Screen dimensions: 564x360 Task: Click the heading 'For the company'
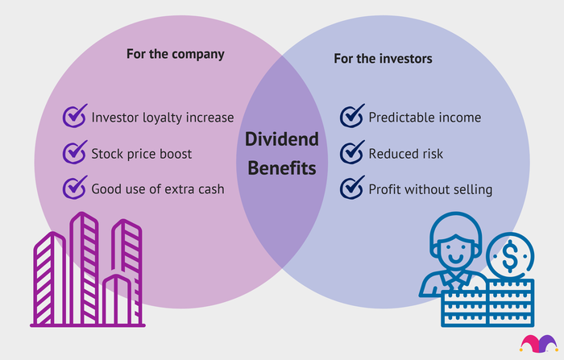176,54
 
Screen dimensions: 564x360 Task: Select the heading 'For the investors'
383,59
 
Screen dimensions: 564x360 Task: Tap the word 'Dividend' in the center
282,139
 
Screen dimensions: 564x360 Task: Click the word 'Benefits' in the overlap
282,168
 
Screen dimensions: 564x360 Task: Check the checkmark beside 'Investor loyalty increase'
75,116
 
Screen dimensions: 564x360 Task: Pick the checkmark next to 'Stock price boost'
75,152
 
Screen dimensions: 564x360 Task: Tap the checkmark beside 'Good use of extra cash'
75,188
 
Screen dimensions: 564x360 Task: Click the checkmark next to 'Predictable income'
352,116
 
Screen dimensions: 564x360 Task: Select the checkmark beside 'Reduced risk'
352,152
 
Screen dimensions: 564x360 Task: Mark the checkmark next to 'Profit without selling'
352,188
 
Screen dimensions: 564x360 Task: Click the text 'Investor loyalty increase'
163,118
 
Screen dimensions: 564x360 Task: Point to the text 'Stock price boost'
141,154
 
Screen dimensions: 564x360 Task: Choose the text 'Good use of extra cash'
158,189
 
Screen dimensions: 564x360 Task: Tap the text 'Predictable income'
425,118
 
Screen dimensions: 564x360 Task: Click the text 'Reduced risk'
406,154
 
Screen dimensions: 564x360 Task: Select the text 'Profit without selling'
430,189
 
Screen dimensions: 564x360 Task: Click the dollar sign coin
510,256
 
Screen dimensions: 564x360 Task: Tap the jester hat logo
538,343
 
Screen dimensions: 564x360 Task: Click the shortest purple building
118,300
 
